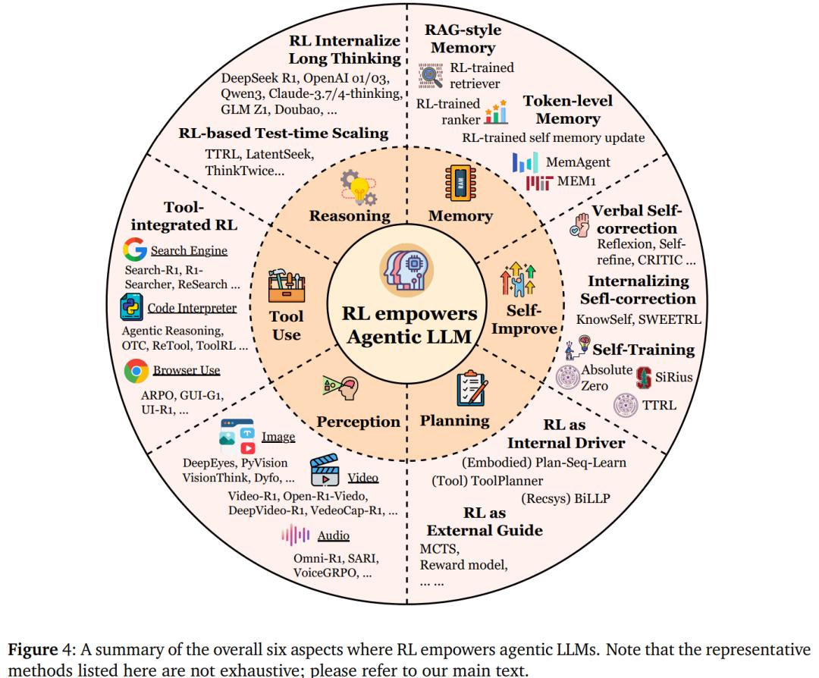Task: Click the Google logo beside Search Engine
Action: pos(134,250)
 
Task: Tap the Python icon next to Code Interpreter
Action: pos(131,307)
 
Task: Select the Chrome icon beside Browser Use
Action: pos(136,371)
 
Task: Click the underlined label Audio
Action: pos(333,535)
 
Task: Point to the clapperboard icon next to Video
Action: pos(325,470)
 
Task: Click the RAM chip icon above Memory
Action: pos(460,183)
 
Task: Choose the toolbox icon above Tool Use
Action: pos(286,286)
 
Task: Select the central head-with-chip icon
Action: pos(407,269)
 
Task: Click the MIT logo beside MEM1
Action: pos(539,183)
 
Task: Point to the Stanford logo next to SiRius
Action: pos(644,378)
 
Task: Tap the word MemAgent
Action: pos(578,162)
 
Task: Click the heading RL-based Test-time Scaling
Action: pos(283,133)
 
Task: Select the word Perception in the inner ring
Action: pos(358,422)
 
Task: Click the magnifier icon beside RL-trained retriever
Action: pos(431,76)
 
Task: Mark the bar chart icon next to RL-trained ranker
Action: pos(496,111)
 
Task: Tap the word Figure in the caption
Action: pos(33,650)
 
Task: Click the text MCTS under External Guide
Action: pos(440,549)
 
